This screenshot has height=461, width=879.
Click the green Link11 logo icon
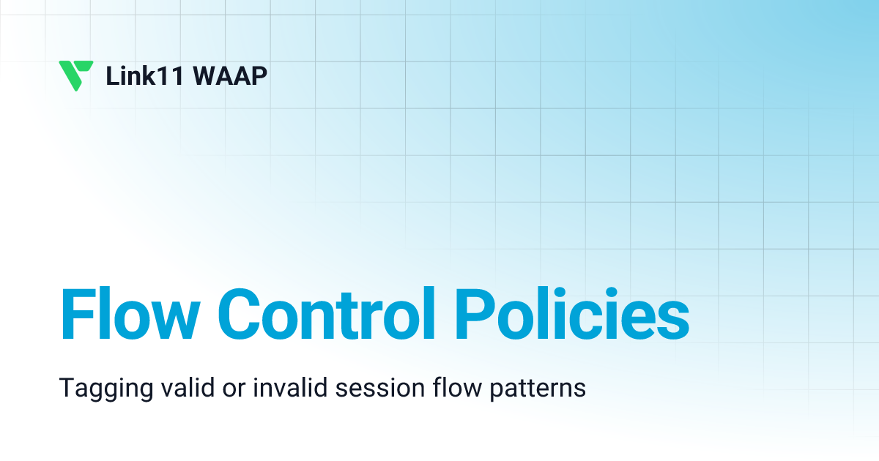coord(75,75)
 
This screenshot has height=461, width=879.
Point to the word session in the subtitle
coord(368,388)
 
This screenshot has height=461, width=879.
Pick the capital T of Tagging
coord(65,388)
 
